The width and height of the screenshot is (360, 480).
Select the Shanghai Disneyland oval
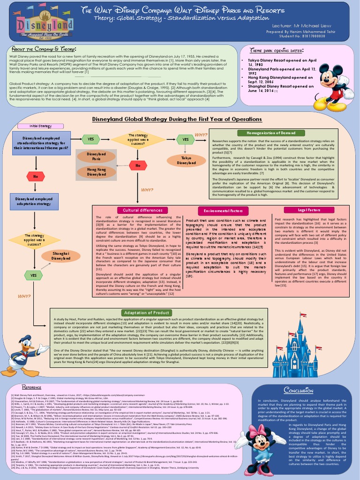click(x=61, y=255)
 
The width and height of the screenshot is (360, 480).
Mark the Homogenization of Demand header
click(x=268, y=133)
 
